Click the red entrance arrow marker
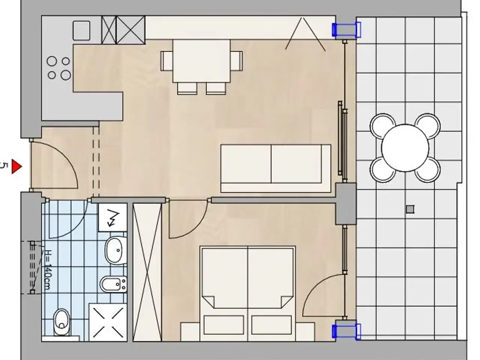coord(16,166)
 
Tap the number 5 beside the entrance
coord(3,166)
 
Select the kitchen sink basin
coord(81,31)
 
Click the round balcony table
coord(405,148)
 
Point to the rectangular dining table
coord(201,61)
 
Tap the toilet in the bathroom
coord(62,322)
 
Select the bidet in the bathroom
coord(114,284)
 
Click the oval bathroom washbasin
coord(116,250)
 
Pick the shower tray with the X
coord(108,322)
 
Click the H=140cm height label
coord(46,270)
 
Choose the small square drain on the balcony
coord(410,209)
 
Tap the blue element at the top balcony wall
coord(346,30)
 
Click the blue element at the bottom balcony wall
coord(346,332)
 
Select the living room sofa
coord(276,168)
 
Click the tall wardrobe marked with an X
coord(147,272)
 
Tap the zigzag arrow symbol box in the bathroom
coord(112,217)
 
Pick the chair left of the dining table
coord(166,61)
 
